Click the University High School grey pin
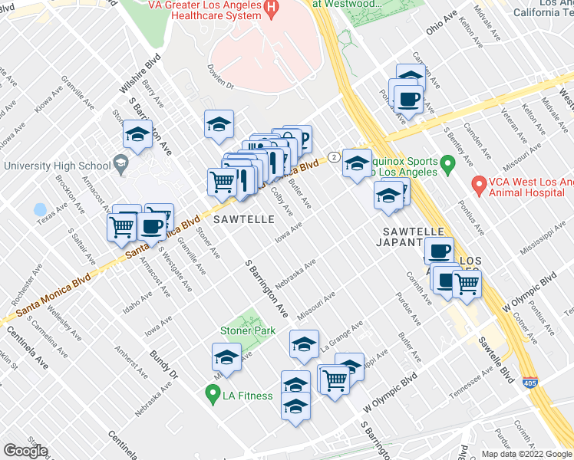pos(120,164)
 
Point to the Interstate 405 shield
pos(533,381)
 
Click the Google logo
pos(25,451)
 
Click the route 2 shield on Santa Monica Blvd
pos(333,156)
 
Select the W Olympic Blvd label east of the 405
pos(529,291)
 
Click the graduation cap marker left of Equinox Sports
pos(356,163)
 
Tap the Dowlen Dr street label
pos(219,87)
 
